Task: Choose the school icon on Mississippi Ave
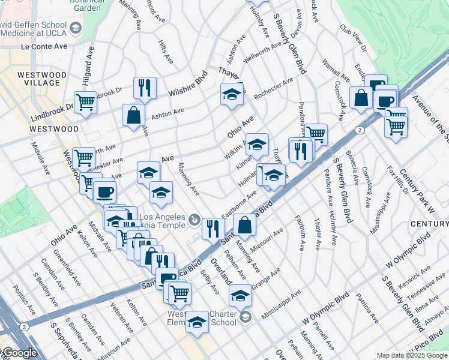pos(240,295)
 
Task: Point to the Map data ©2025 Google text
pos(412,355)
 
